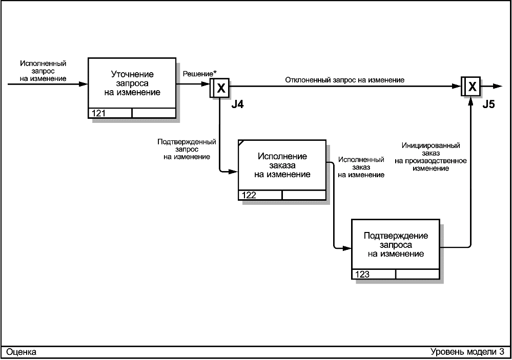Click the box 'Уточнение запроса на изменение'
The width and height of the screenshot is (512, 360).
coord(132,88)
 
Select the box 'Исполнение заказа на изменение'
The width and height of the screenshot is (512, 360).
coord(282,170)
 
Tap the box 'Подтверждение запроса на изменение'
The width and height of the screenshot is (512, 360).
coord(396,249)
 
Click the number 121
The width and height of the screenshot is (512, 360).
coord(98,113)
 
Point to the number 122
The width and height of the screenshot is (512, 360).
coord(249,195)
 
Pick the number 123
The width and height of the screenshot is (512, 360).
coord(362,274)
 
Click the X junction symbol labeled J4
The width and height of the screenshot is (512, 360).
coord(219,88)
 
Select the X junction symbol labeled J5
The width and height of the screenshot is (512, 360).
coord(470,86)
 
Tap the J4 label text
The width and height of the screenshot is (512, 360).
coord(237,104)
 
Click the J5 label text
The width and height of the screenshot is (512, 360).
coord(488,104)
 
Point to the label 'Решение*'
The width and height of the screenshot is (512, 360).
coord(199,74)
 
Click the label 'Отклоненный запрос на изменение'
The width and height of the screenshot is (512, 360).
coord(345,80)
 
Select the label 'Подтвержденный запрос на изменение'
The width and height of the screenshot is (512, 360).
coord(187,149)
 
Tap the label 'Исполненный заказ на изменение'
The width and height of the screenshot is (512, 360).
coord(361,167)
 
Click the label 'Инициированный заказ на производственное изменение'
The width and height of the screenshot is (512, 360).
coord(431,157)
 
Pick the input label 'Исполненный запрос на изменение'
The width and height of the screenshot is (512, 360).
coord(43,71)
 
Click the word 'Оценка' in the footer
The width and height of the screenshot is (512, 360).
coord(21,352)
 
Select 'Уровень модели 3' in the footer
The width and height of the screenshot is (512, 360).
coord(467,351)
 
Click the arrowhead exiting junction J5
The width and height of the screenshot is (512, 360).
coord(497,86)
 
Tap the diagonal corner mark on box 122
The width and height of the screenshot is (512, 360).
coord(241,143)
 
